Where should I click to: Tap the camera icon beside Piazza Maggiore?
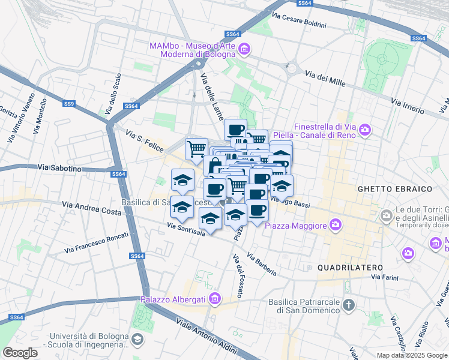tap(335, 226)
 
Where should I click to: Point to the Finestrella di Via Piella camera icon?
tap(365, 130)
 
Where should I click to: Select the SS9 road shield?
tap(69, 104)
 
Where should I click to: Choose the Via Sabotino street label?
tap(59, 169)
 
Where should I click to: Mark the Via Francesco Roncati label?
tap(96, 241)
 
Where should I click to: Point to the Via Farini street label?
tap(385, 277)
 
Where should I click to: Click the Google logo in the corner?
tap(20, 352)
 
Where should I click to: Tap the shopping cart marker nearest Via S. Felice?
tap(196, 148)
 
